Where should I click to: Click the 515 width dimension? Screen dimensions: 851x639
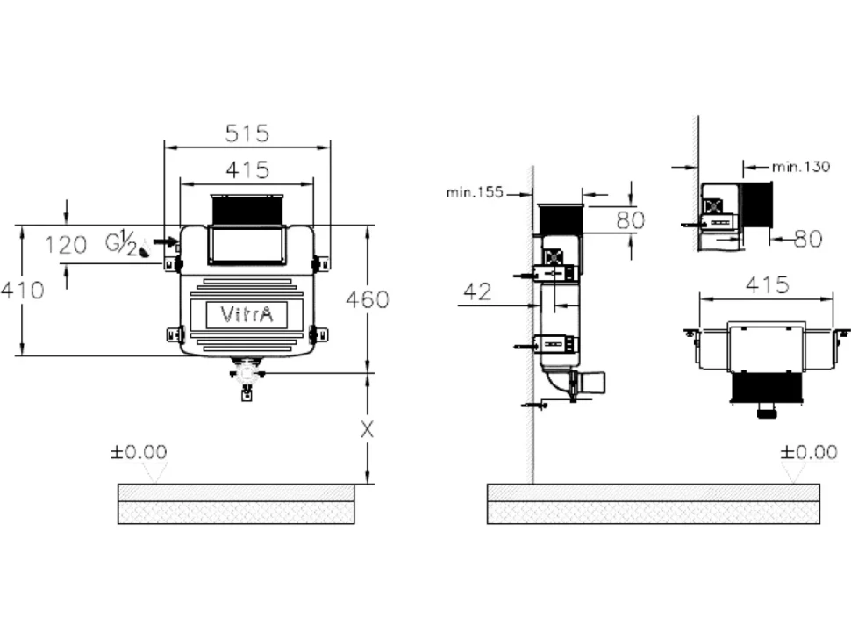[x=247, y=133]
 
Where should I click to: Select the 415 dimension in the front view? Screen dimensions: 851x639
[x=247, y=170]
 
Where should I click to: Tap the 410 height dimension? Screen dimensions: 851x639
[x=22, y=291]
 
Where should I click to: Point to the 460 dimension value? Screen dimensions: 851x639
[x=368, y=299]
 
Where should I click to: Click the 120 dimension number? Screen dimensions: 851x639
[x=66, y=246]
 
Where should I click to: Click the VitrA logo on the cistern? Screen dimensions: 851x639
[x=247, y=314]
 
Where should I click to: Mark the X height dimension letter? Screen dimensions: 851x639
[x=368, y=430]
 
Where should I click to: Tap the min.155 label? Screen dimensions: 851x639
[x=475, y=192]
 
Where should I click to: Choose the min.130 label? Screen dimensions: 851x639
[x=801, y=167]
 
